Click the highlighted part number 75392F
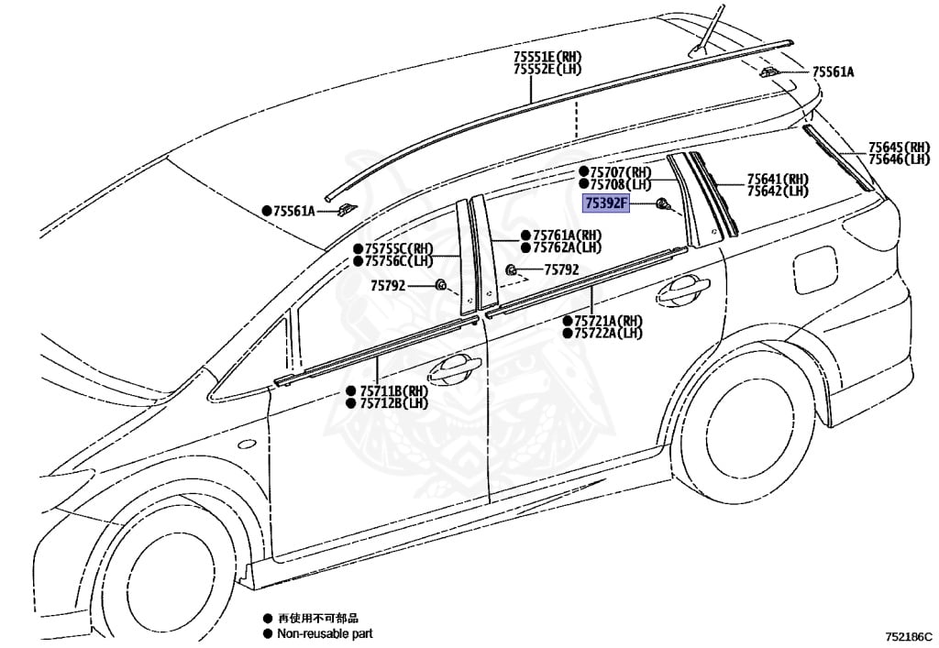[606, 203]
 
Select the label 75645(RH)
[899, 148]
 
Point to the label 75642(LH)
[777, 191]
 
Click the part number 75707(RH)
[620, 172]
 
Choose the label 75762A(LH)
[567, 247]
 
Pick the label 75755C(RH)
[399, 248]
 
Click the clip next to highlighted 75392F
[661, 204]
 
